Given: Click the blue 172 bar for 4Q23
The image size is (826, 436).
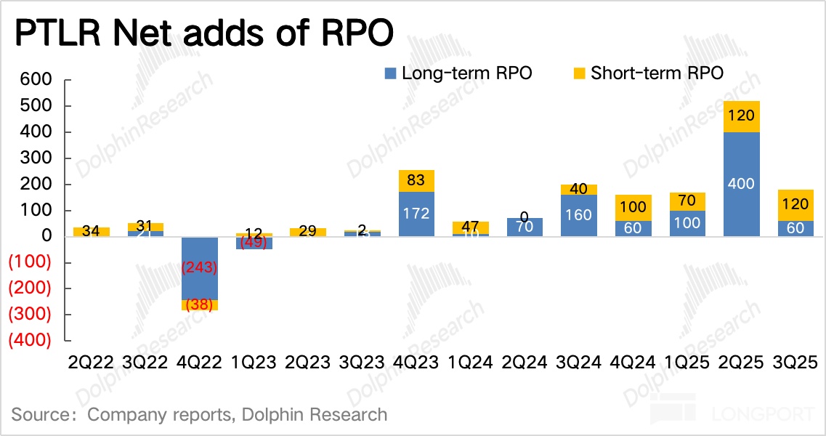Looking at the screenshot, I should [417, 214].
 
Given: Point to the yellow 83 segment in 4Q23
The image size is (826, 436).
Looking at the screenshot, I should [417, 181].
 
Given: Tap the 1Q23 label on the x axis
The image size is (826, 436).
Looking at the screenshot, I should [253, 362].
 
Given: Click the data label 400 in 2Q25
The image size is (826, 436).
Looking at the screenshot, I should [740, 183].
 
